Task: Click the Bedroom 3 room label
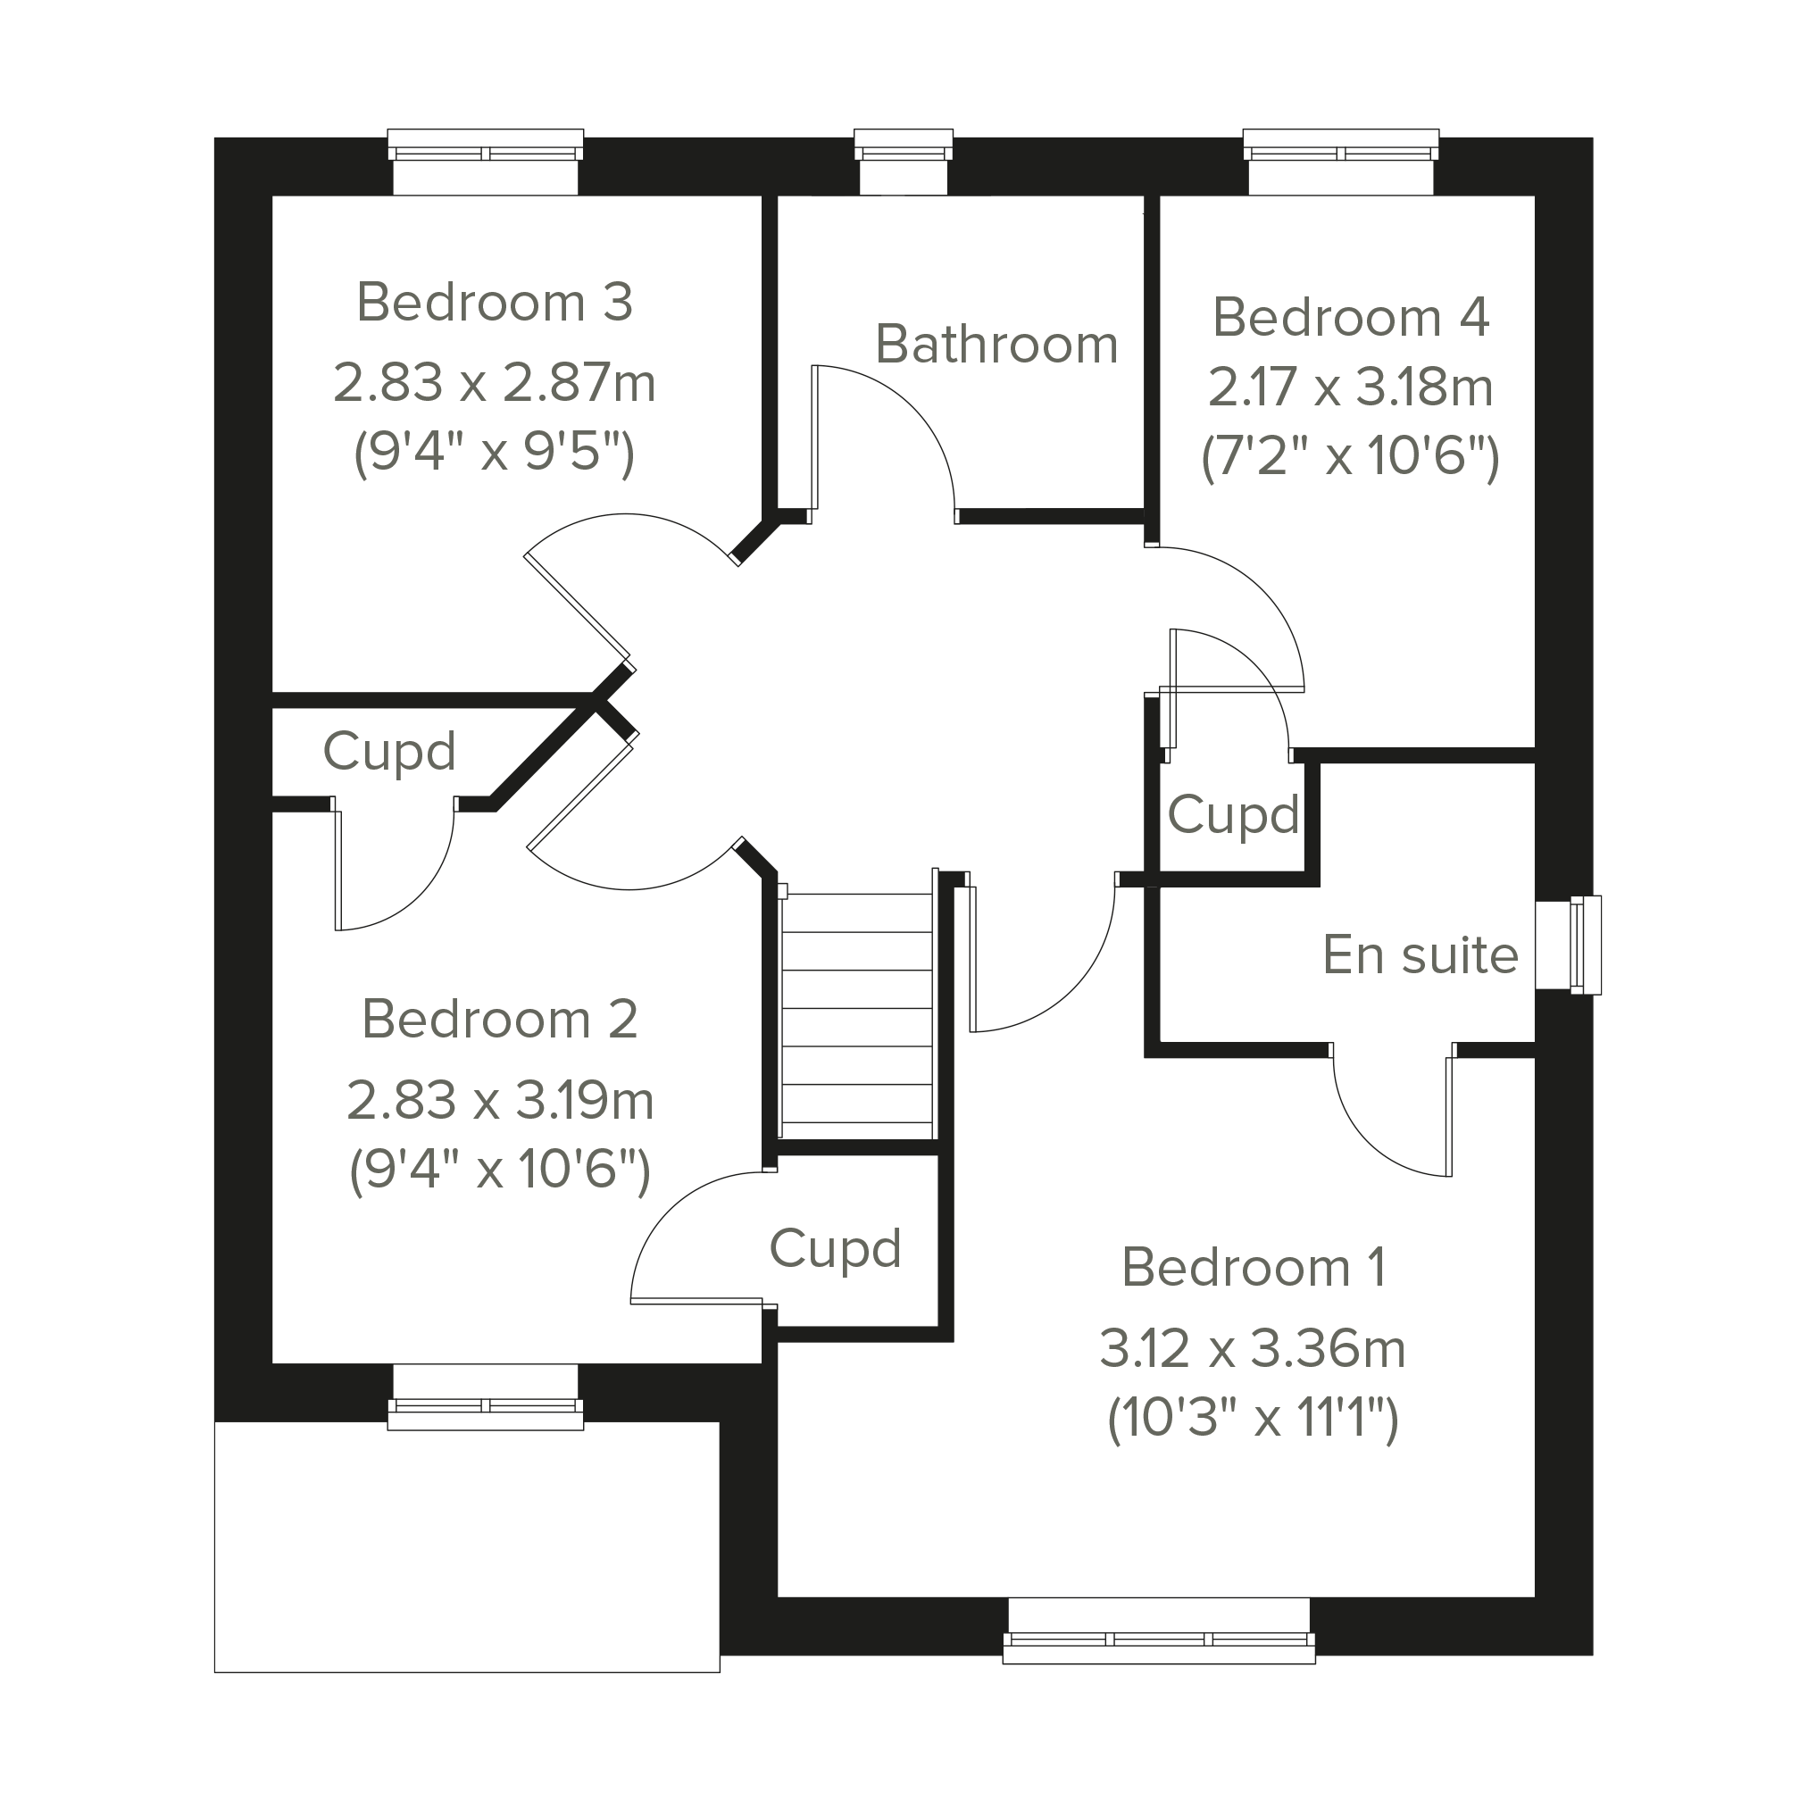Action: (495, 303)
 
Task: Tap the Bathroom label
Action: (996, 345)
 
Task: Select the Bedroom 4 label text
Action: (1350, 317)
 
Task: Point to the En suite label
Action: (1421, 955)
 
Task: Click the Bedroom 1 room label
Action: (1253, 1267)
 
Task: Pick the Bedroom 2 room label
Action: (500, 1018)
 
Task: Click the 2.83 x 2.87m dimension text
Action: (495, 383)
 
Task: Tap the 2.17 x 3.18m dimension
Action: (1350, 387)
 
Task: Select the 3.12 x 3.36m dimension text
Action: (1253, 1348)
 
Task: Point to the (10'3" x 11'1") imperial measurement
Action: (1253, 1420)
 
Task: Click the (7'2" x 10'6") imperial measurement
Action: (1350, 458)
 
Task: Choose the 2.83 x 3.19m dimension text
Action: (500, 1101)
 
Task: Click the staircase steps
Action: (857, 1009)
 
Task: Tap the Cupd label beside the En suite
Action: (1233, 815)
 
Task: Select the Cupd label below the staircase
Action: (835, 1249)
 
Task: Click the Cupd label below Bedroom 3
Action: (389, 752)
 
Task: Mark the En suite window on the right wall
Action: (1570, 945)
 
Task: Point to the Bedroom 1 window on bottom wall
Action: (1160, 1630)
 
